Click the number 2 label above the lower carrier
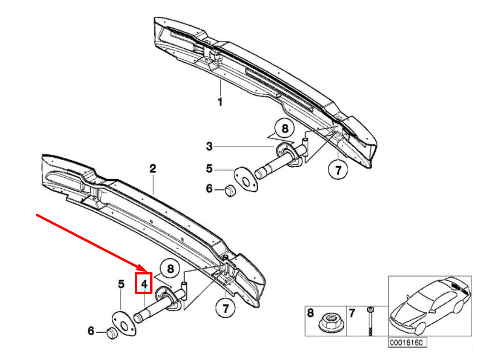pos(152,169)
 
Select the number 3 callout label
pos(209,146)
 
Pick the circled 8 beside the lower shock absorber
pos(170,270)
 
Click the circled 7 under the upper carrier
pos(338,169)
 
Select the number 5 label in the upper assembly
pos(209,169)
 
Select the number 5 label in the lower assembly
pos(121,284)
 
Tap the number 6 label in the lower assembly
pos(91,331)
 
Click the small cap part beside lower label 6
pos(112,333)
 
